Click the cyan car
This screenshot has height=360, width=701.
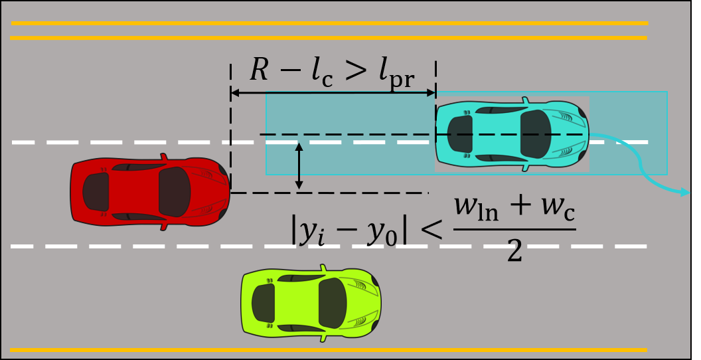click(x=512, y=135)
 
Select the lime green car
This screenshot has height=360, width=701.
click(x=311, y=303)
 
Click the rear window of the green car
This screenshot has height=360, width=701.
click(x=264, y=303)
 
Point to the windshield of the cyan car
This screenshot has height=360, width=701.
click(x=536, y=134)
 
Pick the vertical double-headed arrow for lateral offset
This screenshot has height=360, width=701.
click(x=299, y=166)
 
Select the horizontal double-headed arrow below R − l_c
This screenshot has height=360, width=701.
click(x=333, y=94)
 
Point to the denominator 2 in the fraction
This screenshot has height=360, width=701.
click(x=514, y=250)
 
